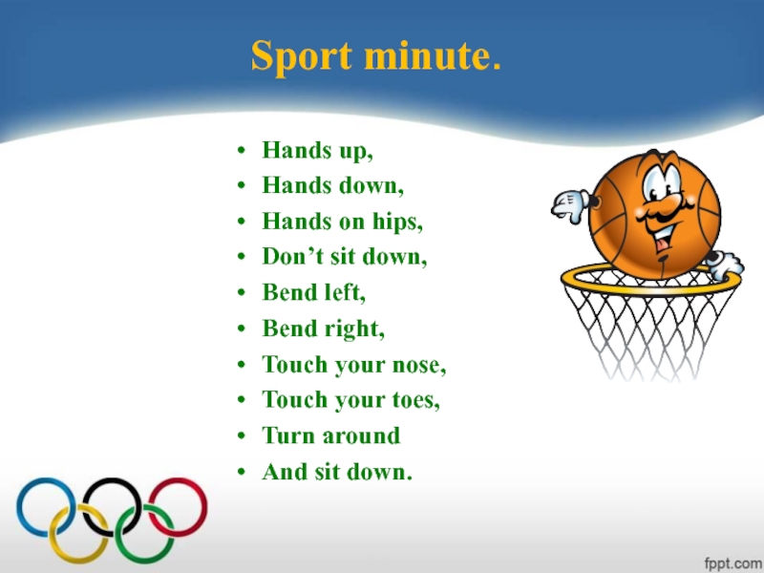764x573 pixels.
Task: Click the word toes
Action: click(x=416, y=401)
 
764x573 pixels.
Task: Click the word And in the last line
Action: click(x=285, y=472)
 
